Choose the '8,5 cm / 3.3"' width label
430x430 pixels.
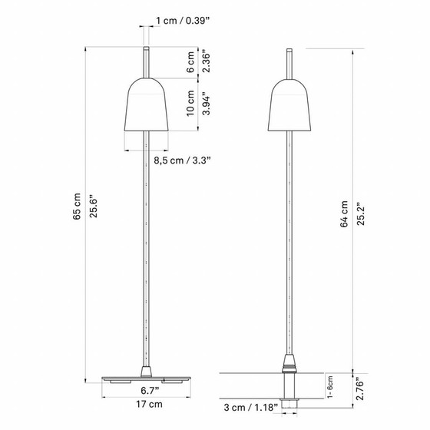click(181, 160)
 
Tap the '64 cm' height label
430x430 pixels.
click(345, 213)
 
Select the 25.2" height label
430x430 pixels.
click(361, 213)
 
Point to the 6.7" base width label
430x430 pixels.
click(147, 391)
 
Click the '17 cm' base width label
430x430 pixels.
click(147, 405)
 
